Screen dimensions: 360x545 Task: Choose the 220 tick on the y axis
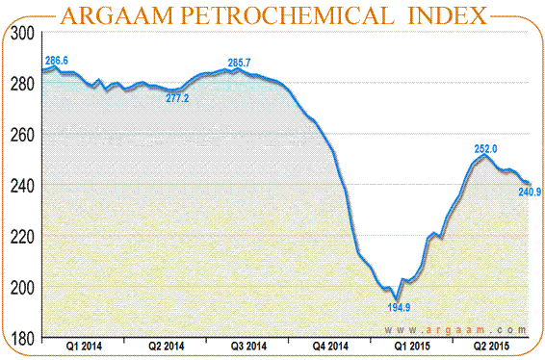coord(23,236)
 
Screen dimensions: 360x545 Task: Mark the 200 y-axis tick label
coord(23,288)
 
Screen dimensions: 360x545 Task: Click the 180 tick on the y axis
coord(23,338)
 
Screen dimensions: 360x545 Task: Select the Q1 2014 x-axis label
coord(84,345)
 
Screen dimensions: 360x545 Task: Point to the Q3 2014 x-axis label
coord(247,345)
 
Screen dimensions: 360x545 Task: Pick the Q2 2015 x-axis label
coord(492,345)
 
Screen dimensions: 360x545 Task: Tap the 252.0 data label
coord(485,149)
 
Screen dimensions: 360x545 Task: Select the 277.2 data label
coord(177,98)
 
